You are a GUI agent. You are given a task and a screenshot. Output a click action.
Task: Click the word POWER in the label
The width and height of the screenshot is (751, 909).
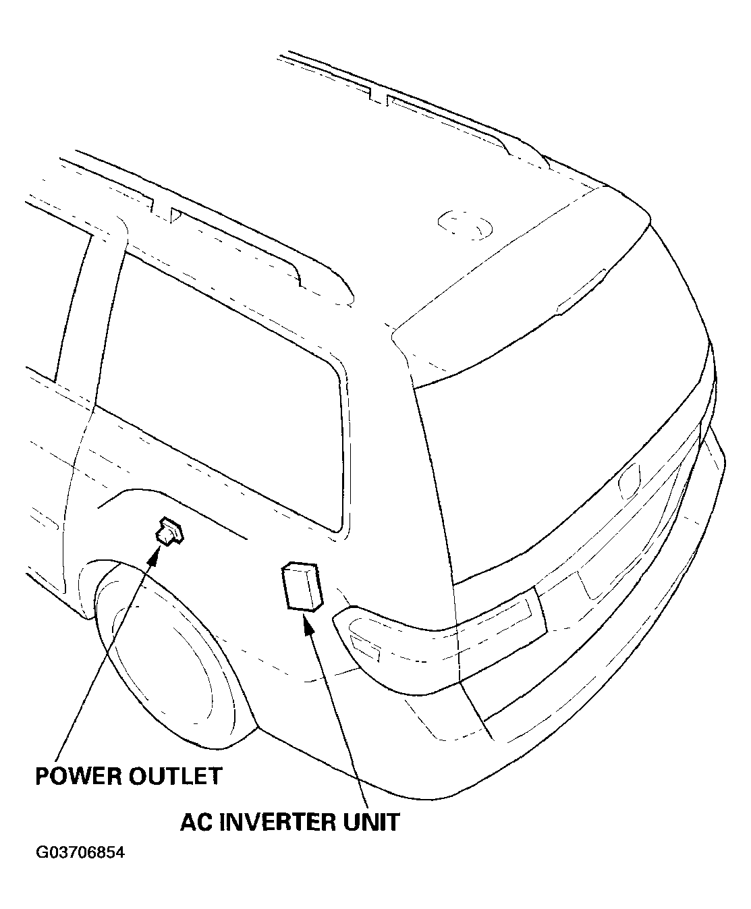tap(78, 776)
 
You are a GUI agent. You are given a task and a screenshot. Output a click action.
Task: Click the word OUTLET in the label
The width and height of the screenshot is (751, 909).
tap(175, 776)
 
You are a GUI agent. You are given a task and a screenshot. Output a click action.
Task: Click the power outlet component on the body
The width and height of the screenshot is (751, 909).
tap(170, 531)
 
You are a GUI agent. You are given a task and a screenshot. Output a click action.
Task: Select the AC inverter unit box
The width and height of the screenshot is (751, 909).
tap(302, 587)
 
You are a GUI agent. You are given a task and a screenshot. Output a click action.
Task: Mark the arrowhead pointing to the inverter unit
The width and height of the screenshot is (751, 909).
tap(308, 625)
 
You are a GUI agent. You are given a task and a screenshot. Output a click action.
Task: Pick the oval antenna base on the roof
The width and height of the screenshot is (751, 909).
tap(465, 225)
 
